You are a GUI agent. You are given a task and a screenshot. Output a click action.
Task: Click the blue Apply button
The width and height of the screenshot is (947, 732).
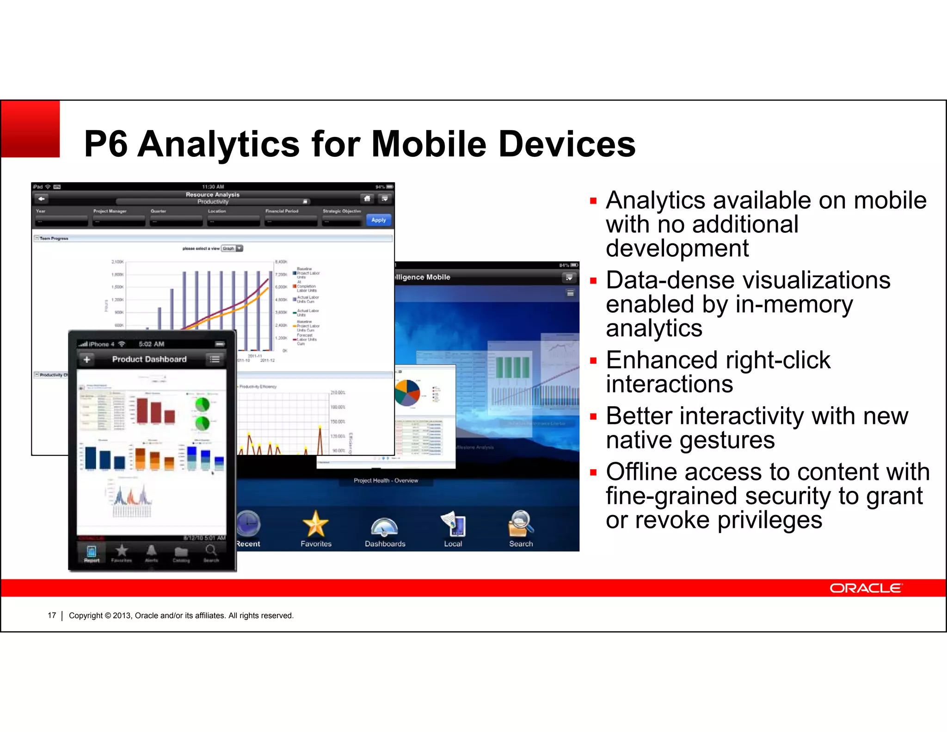point(378,220)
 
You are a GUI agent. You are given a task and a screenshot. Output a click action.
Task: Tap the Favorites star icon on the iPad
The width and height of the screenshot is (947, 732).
point(315,524)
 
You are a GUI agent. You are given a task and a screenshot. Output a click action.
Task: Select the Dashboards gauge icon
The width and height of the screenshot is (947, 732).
point(384,527)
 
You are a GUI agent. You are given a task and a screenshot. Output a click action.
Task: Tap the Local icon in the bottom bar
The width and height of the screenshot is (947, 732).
point(453,525)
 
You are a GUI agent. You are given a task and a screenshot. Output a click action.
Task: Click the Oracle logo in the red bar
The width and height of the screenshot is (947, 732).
point(866,588)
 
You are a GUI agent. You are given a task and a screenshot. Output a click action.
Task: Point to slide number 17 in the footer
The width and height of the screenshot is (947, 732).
point(52,615)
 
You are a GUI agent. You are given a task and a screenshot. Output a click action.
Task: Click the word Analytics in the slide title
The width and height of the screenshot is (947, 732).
point(219,144)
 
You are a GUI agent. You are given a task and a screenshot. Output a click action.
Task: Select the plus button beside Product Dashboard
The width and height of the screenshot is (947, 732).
point(86,360)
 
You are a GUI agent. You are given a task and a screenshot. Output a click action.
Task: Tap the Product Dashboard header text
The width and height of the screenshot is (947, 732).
point(149,360)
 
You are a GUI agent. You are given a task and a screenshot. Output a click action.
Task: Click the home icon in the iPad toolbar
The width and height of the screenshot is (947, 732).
point(367,199)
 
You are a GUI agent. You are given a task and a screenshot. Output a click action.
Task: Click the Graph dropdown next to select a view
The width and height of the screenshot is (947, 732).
point(232,248)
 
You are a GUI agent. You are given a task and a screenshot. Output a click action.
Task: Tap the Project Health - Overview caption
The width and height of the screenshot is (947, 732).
point(386,481)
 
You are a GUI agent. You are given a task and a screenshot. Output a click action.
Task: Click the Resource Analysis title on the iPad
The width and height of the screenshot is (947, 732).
point(213,195)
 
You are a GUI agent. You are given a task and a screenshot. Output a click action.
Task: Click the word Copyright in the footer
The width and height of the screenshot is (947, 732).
point(86,615)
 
